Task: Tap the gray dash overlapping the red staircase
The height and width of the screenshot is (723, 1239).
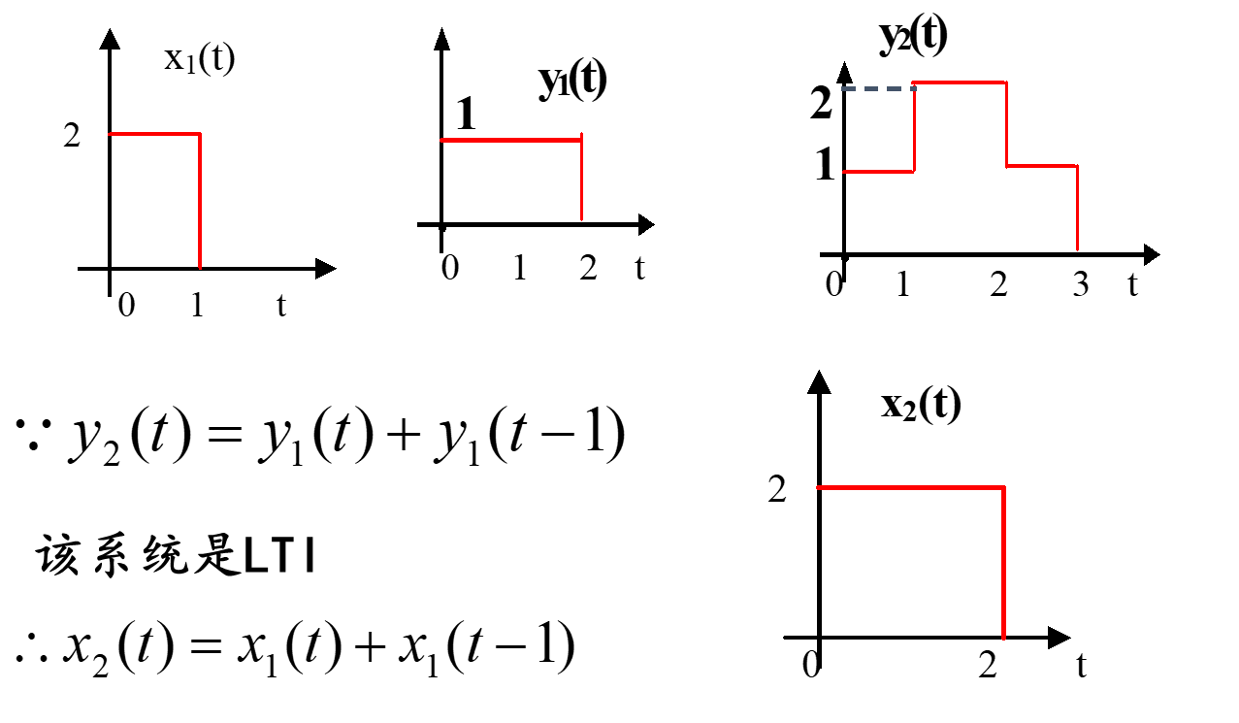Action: pyautogui.click(x=912, y=88)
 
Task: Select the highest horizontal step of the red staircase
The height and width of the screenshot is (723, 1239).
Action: pyautogui.click(x=960, y=82)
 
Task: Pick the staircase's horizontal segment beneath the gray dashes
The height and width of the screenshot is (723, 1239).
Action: pyautogui.click(x=877, y=172)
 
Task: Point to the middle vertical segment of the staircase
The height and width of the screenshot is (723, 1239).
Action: pyautogui.click(x=1006, y=124)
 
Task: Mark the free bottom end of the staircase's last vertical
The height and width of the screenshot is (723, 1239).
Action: pyautogui.click(x=1077, y=248)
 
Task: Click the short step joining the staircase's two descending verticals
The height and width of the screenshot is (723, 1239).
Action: pyautogui.click(x=1041, y=166)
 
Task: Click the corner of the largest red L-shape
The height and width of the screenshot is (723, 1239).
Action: pyautogui.click(x=1003, y=487)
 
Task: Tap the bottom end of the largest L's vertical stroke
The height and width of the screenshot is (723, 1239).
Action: pyautogui.click(x=1003, y=638)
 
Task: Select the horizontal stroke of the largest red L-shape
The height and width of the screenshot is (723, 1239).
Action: pyautogui.click(x=910, y=487)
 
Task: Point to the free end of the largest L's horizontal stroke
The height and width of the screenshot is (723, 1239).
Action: pyautogui.click(x=819, y=487)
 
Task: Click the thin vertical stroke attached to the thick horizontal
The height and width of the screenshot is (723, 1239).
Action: pyautogui.click(x=581, y=180)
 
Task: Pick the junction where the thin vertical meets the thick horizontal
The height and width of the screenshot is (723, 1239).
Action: pyautogui.click(x=581, y=140)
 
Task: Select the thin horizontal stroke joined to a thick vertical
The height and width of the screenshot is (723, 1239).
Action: pyautogui.click(x=153, y=134)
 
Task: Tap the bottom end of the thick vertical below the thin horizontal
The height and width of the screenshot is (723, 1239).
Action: pyautogui.click(x=200, y=266)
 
